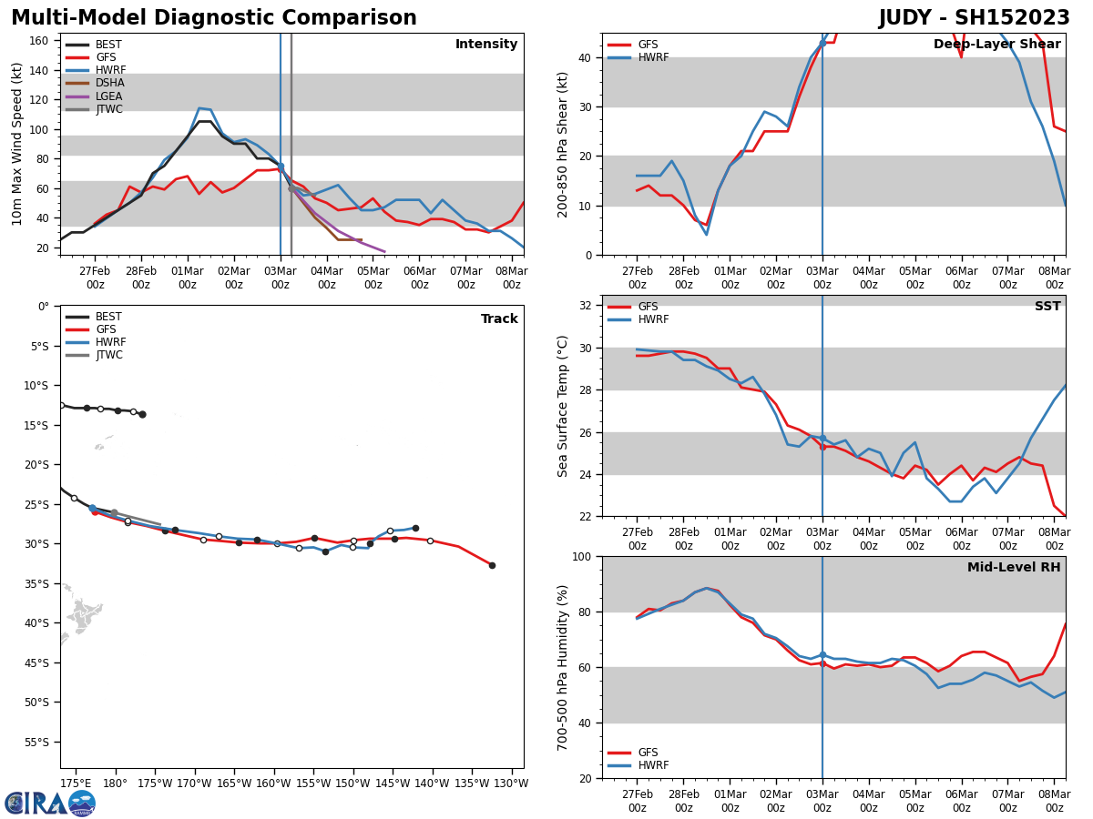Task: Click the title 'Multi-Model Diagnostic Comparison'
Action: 214,18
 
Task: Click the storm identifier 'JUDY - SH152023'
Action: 974,18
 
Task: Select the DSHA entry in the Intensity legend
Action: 108,83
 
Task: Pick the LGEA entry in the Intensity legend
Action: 108,96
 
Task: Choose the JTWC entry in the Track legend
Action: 108,355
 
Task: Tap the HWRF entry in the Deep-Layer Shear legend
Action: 653,57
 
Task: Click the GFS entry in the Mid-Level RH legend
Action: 648,753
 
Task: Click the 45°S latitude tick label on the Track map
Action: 36,662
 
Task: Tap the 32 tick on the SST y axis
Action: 587,306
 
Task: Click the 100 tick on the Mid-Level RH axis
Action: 583,556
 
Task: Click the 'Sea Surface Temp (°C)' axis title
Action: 564,406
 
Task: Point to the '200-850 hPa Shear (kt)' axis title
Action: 564,144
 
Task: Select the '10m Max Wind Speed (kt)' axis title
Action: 17,144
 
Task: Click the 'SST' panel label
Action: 1047,307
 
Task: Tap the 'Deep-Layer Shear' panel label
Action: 996,45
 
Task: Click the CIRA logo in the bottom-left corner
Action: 50,803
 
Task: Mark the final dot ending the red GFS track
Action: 492,565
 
